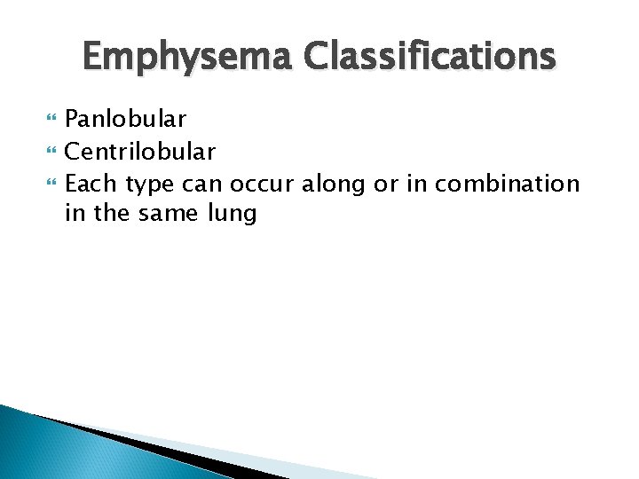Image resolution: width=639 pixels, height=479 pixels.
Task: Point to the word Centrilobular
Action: coord(140,152)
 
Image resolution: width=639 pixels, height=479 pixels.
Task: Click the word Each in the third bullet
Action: coord(92,184)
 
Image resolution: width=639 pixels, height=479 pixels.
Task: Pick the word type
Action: coord(148,185)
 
